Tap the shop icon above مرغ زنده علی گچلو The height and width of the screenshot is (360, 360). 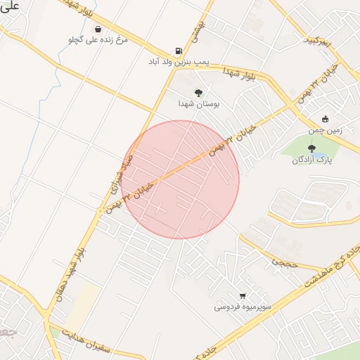[97, 29]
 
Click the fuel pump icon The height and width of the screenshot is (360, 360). [179, 51]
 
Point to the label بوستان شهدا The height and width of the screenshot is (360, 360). [199, 103]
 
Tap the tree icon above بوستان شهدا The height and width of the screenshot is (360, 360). [199, 92]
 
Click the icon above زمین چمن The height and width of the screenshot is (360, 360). [325, 119]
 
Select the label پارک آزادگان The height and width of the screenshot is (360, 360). [311, 160]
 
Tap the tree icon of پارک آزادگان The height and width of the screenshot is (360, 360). [311, 148]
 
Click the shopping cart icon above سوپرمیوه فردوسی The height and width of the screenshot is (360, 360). [243, 295]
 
